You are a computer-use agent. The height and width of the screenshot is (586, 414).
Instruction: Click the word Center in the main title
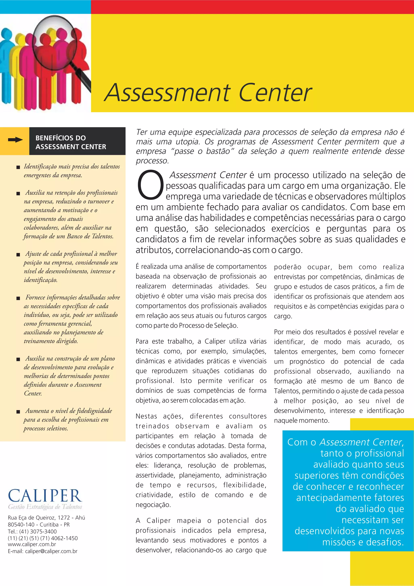[x=275, y=93]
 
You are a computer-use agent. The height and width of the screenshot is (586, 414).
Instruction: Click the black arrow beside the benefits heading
[x=15, y=140]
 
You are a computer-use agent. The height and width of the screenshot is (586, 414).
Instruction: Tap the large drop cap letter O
[x=150, y=185]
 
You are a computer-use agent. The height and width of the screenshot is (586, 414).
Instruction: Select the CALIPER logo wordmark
[x=45, y=496]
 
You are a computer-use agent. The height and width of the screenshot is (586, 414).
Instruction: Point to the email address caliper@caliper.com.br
[x=51, y=551]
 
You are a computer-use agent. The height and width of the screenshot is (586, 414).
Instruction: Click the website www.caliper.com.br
[x=32, y=544]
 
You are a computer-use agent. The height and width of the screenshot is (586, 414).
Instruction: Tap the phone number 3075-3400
[x=43, y=531]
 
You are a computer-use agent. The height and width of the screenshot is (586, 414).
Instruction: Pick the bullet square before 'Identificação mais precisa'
[x=18, y=167]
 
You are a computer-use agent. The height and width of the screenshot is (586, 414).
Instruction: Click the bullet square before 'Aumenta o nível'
[x=18, y=412]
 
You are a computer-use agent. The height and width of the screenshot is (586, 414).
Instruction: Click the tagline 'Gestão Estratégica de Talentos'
[x=45, y=507]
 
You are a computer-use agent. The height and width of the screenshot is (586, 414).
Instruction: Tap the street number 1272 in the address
[x=63, y=518]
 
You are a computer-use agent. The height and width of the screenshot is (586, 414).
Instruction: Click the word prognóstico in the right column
[x=307, y=362]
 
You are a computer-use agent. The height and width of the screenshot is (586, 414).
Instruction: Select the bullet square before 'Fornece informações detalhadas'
[x=18, y=298]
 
